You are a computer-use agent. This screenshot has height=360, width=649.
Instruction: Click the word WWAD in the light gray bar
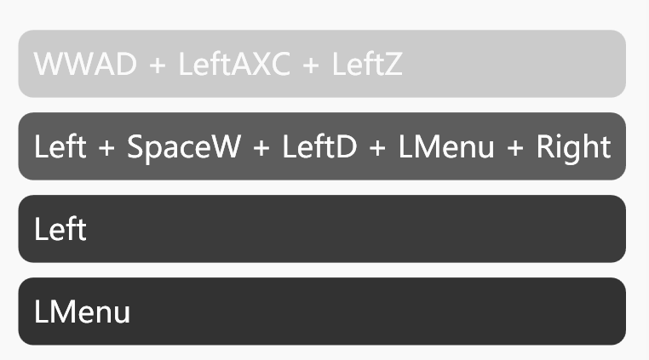(x=85, y=65)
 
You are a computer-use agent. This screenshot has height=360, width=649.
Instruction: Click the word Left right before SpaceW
(x=60, y=146)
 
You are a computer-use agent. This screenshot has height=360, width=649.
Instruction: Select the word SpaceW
(x=184, y=146)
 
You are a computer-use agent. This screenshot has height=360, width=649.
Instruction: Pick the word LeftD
(x=319, y=146)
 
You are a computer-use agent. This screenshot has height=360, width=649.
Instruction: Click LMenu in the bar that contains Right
(x=446, y=146)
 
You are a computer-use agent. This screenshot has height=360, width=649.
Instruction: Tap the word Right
(x=572, y=146)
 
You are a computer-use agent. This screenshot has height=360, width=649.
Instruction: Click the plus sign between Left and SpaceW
(x=106, y=147)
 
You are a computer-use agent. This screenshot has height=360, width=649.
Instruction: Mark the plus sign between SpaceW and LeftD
(x=261, y=147)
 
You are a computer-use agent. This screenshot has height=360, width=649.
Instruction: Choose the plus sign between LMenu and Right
(x=515, y=147)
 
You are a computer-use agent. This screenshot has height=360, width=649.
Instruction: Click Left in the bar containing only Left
(x=60, y=229)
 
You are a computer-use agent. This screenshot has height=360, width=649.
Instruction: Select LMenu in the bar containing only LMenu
(x=83, y=311)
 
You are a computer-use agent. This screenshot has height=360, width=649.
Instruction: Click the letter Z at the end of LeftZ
(x=393, y=65)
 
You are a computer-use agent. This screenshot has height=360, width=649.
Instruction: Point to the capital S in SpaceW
(x=135, y=146)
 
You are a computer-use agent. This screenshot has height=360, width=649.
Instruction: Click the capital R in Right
(x=544, y=146)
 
